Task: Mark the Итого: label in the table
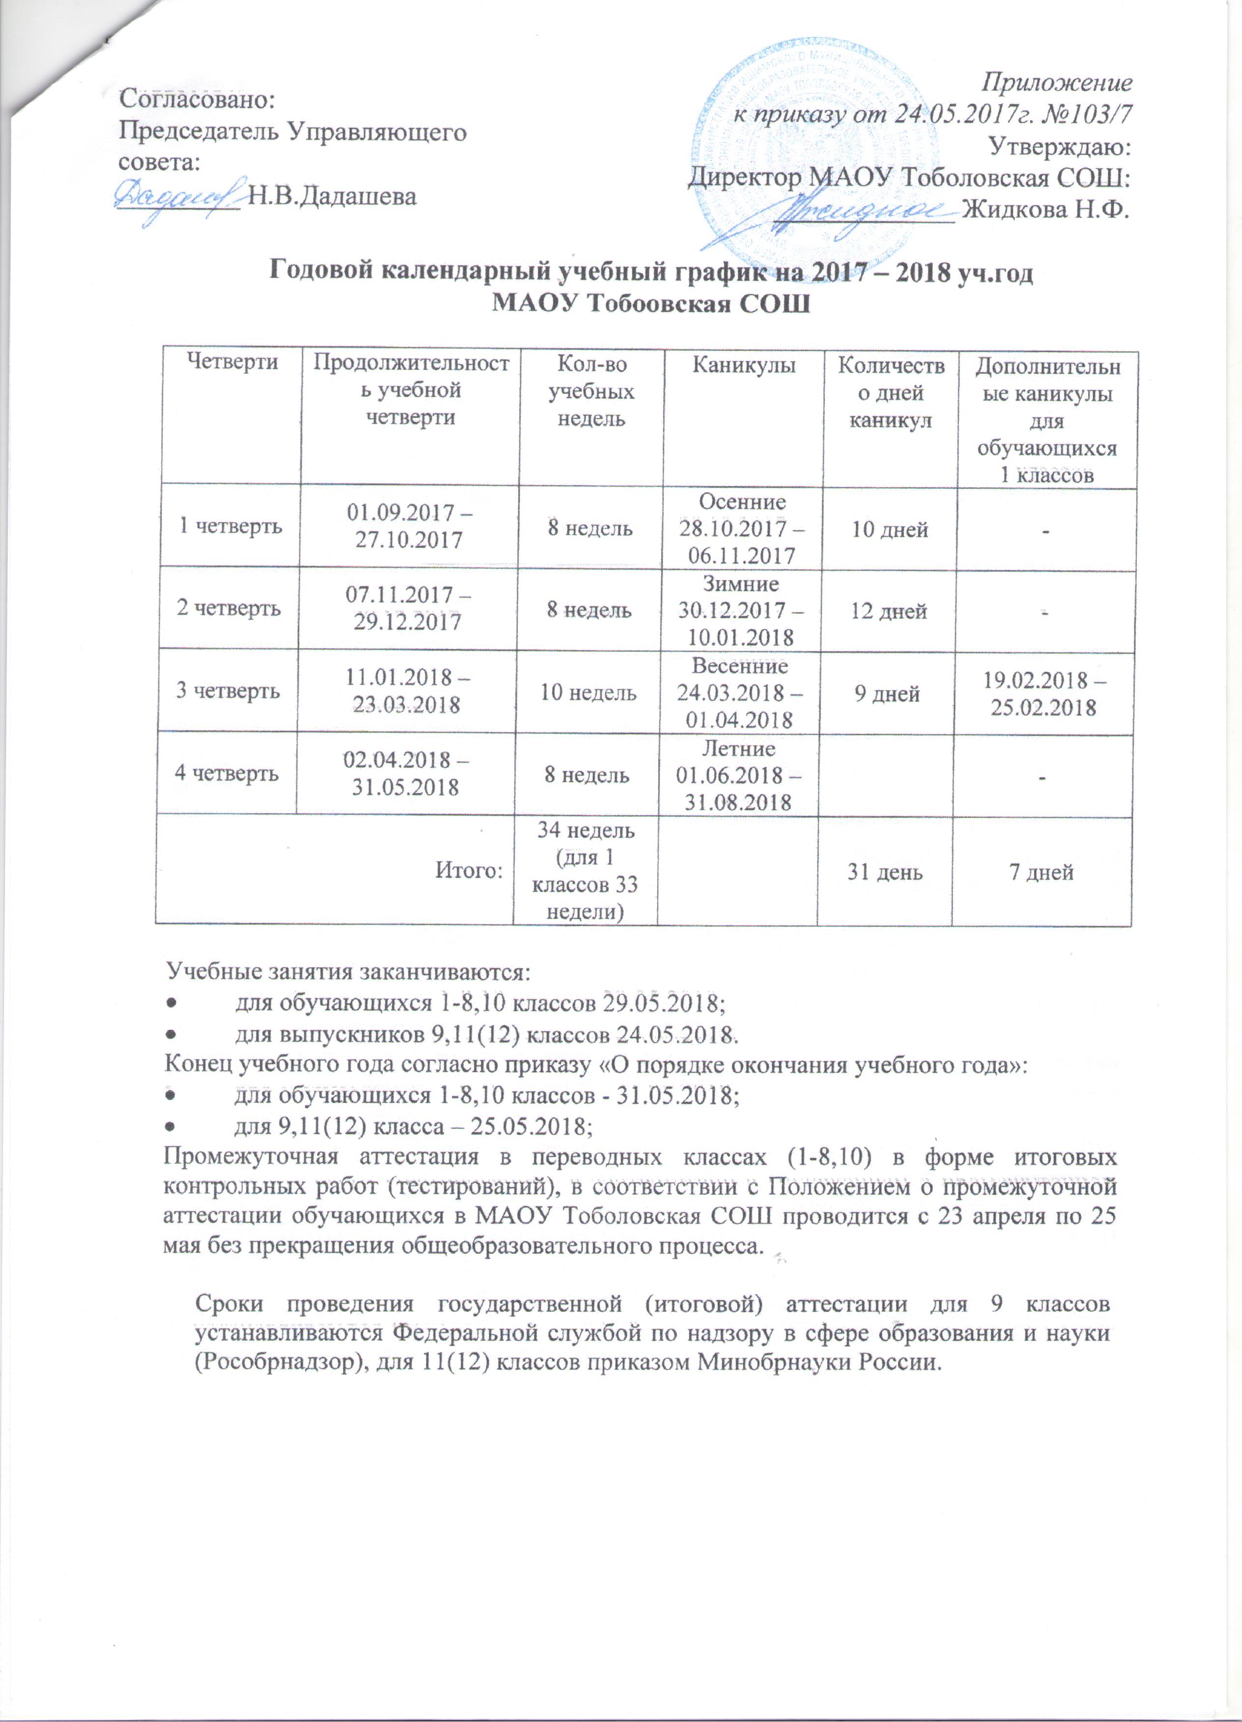tap(469, 871)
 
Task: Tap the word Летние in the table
tap(738, 749)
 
